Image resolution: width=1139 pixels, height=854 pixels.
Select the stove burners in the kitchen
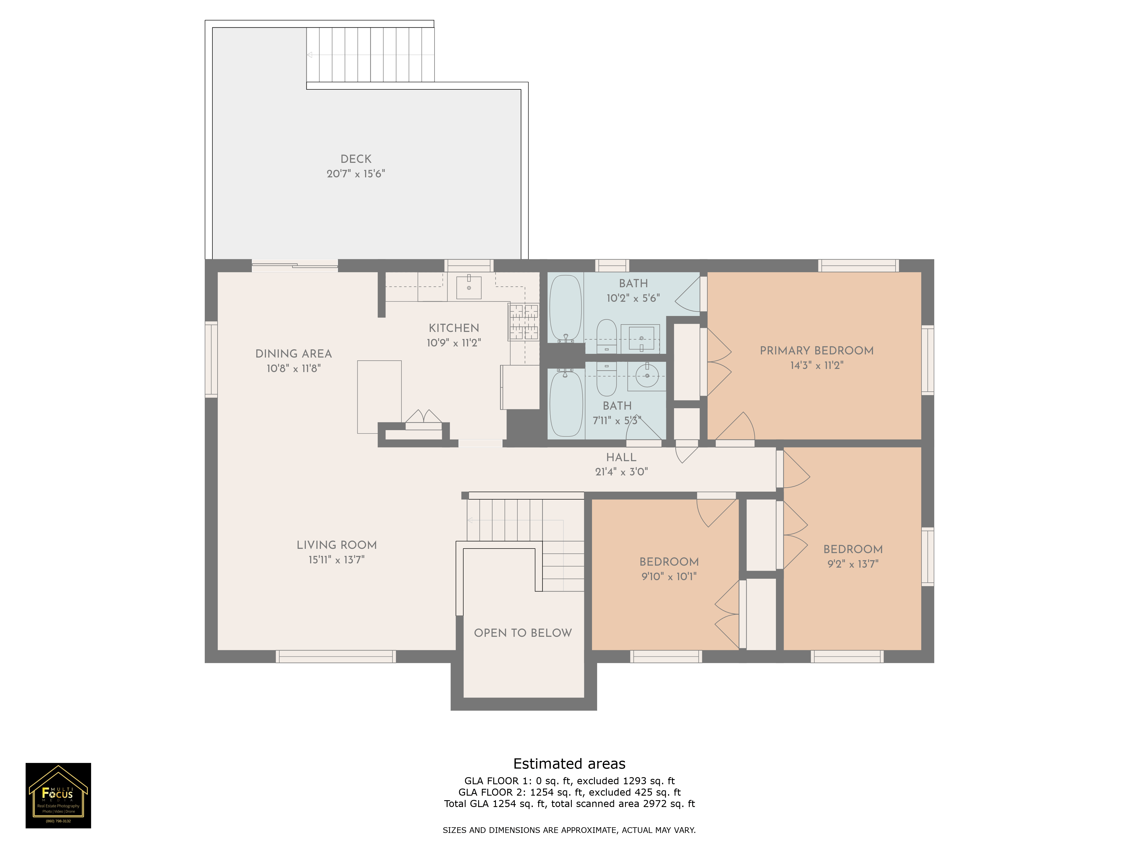(524, 322)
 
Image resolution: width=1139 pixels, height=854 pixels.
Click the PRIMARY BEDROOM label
(817, 350)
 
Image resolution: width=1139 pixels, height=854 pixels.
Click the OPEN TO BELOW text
(523, 633)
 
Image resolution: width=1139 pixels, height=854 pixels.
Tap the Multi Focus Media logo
(58, 795)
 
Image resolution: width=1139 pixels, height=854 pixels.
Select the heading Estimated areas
(569, 763)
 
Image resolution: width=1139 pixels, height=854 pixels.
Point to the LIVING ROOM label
(336, 545)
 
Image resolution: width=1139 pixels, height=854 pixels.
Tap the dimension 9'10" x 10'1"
(669, 576)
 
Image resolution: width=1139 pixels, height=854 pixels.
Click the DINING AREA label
(294, 354)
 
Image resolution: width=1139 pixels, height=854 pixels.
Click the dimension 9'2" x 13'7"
(853, 564)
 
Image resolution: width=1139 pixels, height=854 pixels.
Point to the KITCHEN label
(454, 328)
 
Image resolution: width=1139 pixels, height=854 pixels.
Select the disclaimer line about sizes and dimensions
(569, 830)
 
